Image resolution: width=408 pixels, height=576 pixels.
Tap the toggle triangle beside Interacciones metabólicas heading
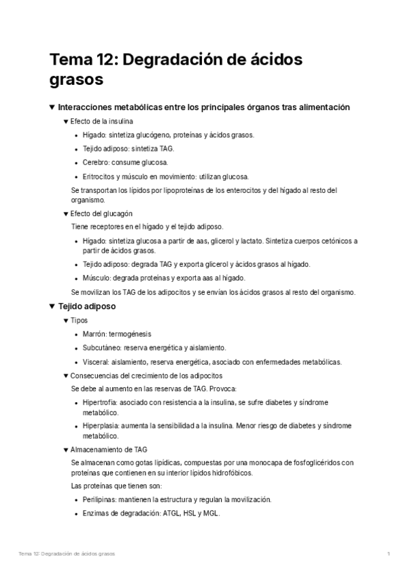52,107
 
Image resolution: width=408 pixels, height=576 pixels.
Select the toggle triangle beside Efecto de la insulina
66,121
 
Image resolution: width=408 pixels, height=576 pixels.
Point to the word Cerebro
95,162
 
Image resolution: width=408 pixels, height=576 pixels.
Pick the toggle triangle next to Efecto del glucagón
66,213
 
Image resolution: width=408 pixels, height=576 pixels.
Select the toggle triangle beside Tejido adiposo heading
52,306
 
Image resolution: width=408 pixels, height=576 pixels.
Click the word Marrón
95,334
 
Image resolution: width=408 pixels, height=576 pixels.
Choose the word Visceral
96,361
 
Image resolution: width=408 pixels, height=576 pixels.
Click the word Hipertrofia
100,403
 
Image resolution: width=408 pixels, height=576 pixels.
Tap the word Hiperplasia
101,426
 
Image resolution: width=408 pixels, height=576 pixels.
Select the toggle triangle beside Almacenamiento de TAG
66,449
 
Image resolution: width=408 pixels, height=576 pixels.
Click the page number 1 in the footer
388,554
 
